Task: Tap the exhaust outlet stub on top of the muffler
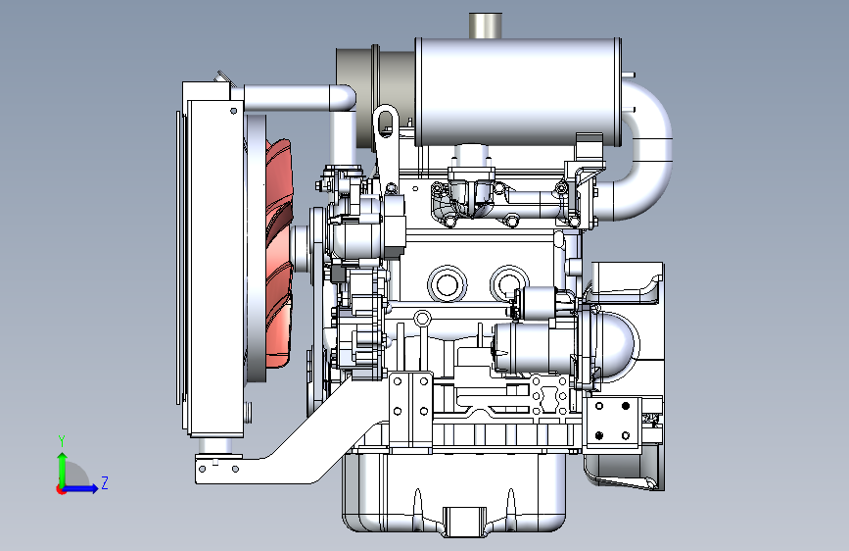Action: point(485,25)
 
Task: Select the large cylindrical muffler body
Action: point(518,91)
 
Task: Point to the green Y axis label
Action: point(62,440)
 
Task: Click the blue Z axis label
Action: point(105,482)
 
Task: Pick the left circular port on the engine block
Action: point(448,284)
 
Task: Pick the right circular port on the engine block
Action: point(508,283)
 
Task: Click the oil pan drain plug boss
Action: point(464,522)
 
